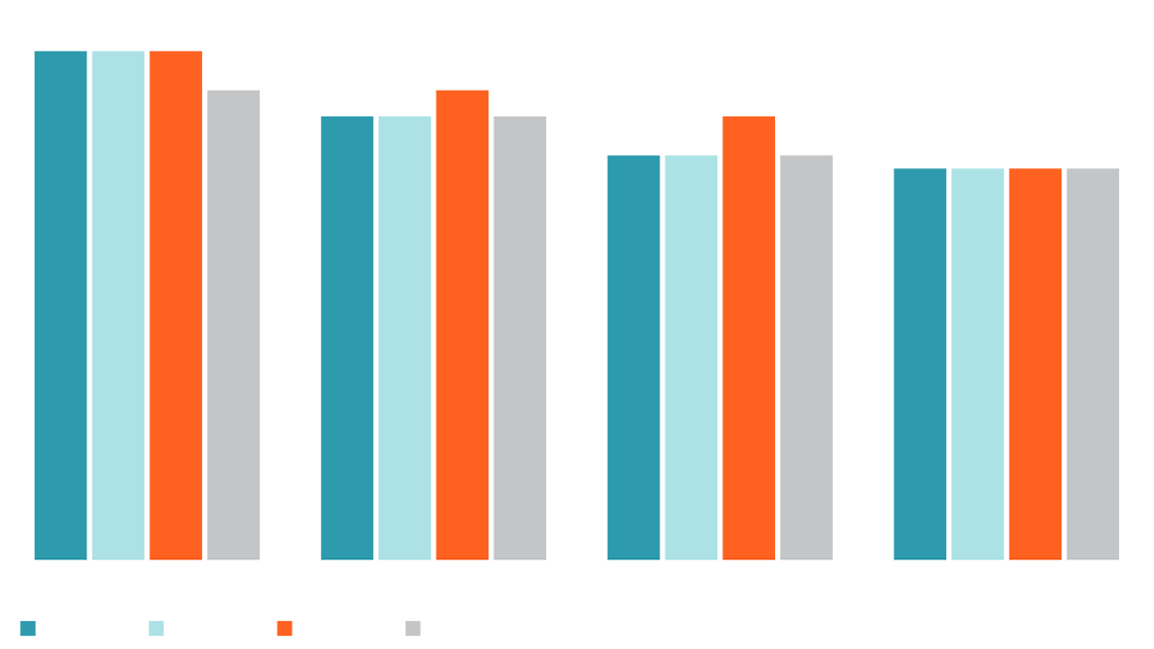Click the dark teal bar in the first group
55,299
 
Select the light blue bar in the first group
118,299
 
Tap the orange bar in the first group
176,299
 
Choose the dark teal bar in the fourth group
910,358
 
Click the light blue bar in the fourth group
978,358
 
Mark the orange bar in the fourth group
1036,358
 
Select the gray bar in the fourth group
1094,358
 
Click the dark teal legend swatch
29,620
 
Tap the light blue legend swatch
150,623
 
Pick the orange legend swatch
283,620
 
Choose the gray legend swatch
408,623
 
